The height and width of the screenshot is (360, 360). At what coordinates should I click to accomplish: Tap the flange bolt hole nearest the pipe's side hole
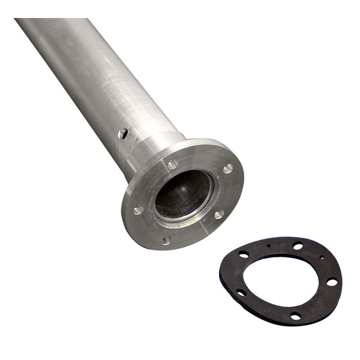pos(173,164)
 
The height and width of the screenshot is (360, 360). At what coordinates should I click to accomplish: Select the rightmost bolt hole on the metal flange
pos(228,169)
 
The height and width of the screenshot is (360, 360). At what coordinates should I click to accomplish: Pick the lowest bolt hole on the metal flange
pos(166,240)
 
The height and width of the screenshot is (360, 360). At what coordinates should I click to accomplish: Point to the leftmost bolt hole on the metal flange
pos(138,210)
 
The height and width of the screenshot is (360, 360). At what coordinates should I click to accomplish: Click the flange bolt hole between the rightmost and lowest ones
pos(219,214)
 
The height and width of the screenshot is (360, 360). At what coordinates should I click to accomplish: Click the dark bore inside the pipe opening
pos(183,192)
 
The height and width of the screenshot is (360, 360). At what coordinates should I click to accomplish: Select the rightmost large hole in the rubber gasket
pos(331,281)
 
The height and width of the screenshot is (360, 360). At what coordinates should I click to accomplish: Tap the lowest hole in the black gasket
pos(295,316)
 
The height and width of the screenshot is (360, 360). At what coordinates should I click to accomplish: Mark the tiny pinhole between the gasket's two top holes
pos(269,246)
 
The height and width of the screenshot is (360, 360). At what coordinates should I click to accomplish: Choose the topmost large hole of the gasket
pos(298,245)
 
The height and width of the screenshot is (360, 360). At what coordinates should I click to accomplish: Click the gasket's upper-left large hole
pos(244,254)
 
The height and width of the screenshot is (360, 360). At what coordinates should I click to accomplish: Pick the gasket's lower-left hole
pos(241,292)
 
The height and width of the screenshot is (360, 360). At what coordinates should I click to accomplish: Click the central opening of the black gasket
pos(282,279)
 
